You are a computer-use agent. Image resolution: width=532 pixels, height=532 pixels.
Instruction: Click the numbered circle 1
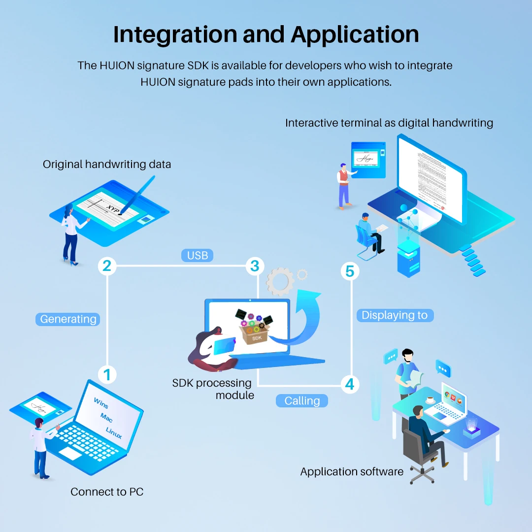[x=107, y=375]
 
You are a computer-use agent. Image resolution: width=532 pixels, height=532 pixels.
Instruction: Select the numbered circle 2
[x=107, y=266]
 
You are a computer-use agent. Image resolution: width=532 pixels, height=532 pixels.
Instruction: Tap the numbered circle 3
[x=255, y=266]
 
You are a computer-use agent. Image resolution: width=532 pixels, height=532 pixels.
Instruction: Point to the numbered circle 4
[x=350, y=384]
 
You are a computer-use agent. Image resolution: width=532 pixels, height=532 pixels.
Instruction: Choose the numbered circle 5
[x=350, y=271]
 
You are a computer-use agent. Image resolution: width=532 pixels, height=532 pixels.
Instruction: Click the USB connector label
[x=197, y=255]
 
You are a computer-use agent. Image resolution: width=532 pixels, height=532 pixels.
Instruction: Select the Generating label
[x=68, y=319]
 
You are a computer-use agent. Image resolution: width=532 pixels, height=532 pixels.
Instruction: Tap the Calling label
[x=302, y=401]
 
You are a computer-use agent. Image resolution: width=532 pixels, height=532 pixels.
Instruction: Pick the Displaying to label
[x=395, y=315]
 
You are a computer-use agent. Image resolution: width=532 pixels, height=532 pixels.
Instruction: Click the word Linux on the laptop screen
[x=114, y=433]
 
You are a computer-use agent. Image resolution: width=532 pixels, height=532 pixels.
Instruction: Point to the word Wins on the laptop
[x=101, y=403]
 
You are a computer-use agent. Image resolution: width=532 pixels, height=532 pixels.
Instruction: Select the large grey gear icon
[x=280, y=282]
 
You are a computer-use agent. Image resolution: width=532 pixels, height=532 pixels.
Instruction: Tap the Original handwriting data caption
[x=107, y=165]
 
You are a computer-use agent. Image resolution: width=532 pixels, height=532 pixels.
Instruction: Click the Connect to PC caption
[x=107, y=492]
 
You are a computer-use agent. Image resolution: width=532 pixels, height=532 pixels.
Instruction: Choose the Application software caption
[x=352, y=472]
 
